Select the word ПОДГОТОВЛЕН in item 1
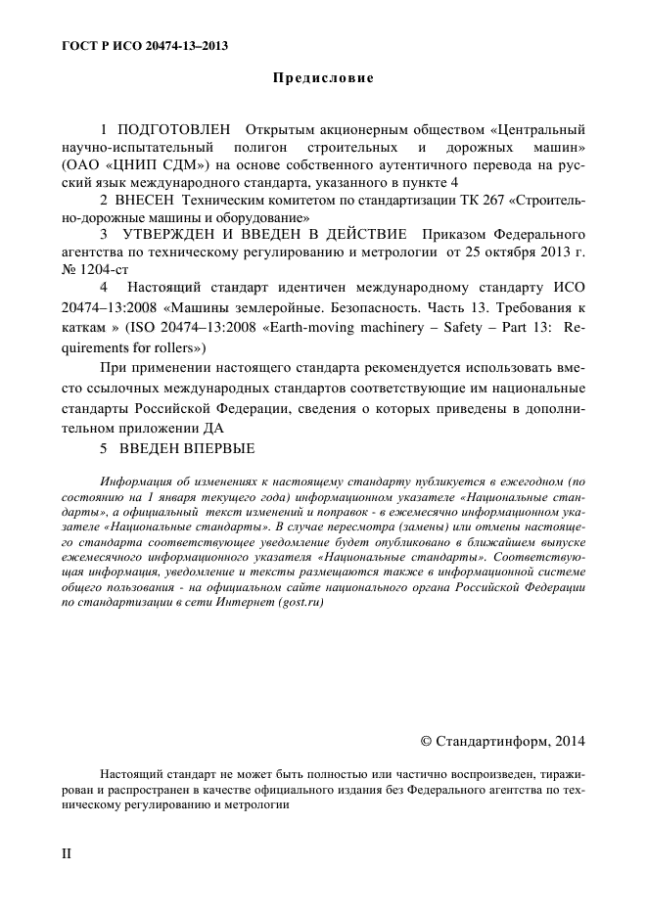174,129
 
